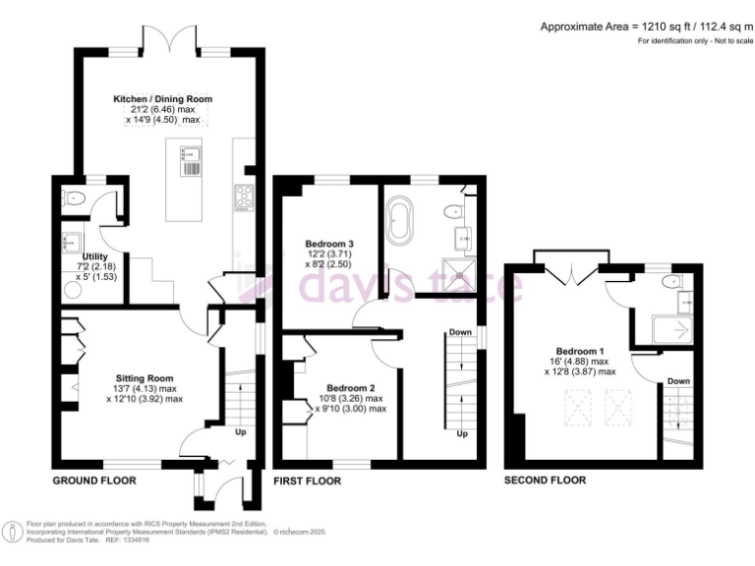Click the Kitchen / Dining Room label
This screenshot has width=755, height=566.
coord(163,99)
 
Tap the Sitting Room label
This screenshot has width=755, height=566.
coord(145,378)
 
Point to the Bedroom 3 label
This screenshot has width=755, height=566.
coord(328,243)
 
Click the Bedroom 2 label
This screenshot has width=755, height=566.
coord(351,387)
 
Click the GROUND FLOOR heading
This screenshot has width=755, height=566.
coord(93,481)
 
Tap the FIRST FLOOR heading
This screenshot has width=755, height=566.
coord(308,481)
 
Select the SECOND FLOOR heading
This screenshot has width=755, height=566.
coord(545,481)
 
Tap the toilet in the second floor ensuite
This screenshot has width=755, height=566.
coord(671,283)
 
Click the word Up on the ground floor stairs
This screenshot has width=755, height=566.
coord(240,430)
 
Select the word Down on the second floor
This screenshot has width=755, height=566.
coord(678,381)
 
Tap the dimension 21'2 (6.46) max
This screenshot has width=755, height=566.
coord(163,110)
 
